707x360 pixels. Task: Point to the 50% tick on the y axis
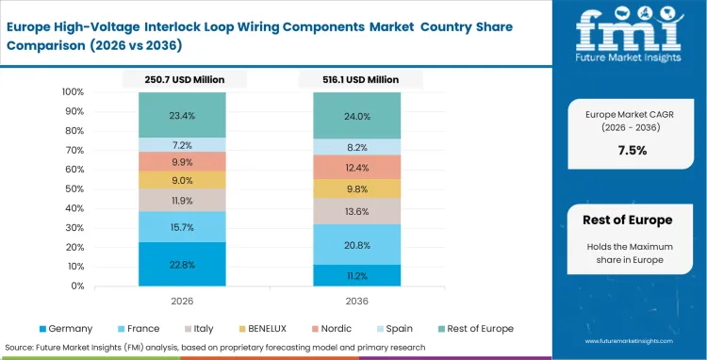point(72,189)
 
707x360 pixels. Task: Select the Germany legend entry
point(66,328)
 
